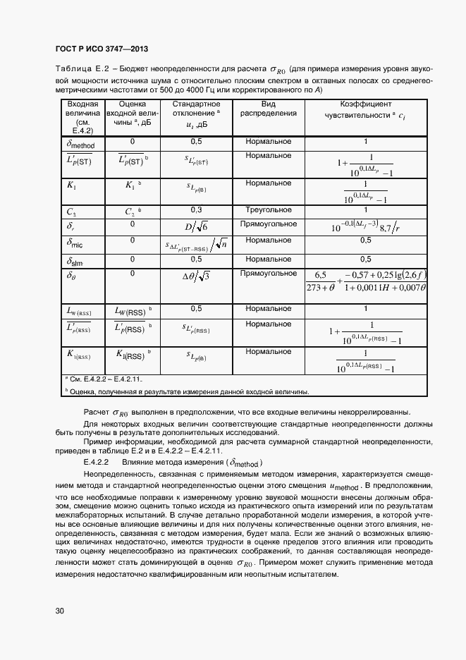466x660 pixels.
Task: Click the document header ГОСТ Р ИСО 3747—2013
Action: tap(102, 49)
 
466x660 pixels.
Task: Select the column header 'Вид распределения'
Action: tap(269, 108)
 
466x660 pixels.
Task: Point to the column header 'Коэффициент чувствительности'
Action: tap(366, 109)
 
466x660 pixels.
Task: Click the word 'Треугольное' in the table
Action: tap(269, 210)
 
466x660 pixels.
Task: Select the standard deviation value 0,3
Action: tap(197, 210)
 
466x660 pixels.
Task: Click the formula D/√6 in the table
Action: tap(197, 226)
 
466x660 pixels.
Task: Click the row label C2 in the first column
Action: tap(71, 211)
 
